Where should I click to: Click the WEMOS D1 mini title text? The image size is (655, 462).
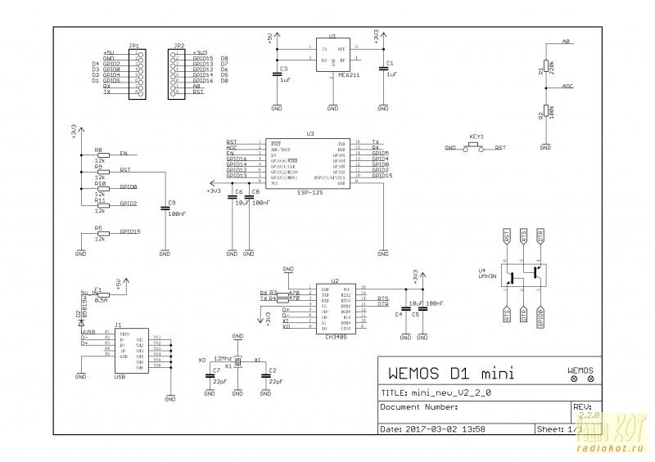pos(449,375)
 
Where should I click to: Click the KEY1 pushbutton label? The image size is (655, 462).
pos(477,137)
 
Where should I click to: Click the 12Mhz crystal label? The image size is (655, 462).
pos(222,358)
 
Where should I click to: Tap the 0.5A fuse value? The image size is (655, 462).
pos(101,300)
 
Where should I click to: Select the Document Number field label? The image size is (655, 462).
pos(418,406)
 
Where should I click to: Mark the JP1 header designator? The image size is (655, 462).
pos(133,46)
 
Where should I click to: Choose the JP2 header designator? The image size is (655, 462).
pos(179,46)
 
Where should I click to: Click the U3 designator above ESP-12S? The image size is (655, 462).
pos(309,132)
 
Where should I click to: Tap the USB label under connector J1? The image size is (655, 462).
pos(120,379)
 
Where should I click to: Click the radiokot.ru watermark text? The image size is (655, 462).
pos(612,448)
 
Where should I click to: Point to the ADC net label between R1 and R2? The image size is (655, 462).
pos(568,85)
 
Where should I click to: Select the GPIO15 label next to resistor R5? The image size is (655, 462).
pos(129,231)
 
